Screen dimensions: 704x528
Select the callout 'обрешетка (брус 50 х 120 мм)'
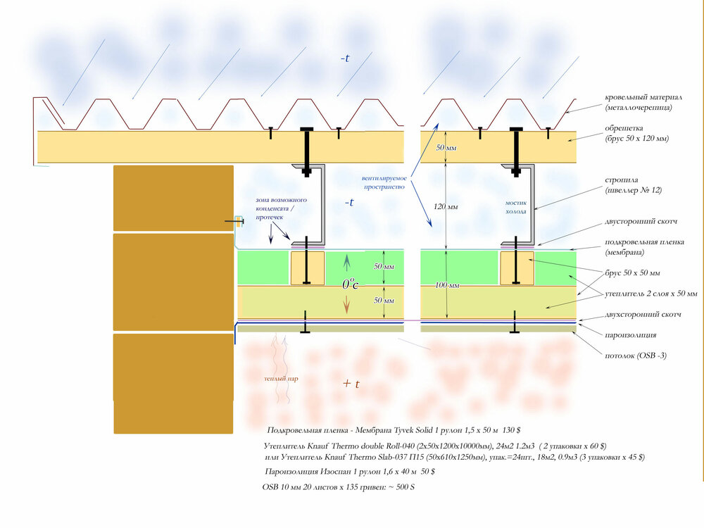(x=636, y=133)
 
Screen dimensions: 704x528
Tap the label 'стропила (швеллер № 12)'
(x=633, y=185)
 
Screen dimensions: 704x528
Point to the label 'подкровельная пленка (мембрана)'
(x=644, y=247)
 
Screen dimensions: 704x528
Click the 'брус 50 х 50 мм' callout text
(x=632, y=273)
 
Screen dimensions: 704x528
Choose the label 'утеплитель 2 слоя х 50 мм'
(x=651, y=294)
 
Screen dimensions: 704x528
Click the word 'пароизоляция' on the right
(x=630, y=335)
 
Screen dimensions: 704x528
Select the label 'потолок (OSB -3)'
(x=635, y=356)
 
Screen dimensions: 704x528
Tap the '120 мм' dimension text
(x=446, y=206)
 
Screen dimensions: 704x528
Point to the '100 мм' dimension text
(x=447, y=285)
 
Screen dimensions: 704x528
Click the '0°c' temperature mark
(x=350, y=283)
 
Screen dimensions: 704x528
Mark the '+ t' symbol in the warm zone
(x=351, y=384)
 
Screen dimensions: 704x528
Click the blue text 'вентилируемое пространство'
(x=384, y=182)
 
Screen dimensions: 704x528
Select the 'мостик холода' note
(x=516, y=207)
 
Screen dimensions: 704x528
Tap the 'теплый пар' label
(x=281, y=379)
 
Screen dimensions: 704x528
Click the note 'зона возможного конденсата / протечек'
(x=282, y=208)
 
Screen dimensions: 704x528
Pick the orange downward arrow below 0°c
(x=346, y=306)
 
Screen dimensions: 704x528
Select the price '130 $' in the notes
(x=511, y=430)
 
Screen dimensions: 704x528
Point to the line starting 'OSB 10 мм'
(x=339, y=487)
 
